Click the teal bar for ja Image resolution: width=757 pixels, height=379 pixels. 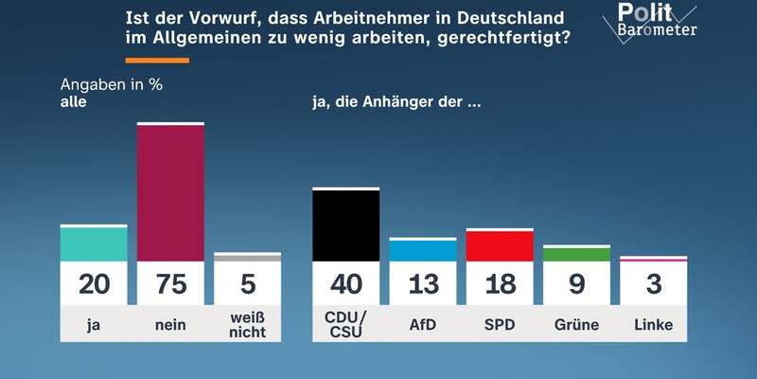(x=94, y=244)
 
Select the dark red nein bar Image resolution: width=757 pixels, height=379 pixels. (x=171, y=192)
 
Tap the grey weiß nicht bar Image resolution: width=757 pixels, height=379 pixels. (x=248, y=257)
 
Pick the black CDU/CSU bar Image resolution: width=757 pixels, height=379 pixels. (x=345, y=225)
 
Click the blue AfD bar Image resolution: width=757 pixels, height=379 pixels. (x=422, y=250)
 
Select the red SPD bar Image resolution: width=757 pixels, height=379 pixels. (x=500, y=245)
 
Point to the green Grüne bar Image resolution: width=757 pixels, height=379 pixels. (x=577, y=254)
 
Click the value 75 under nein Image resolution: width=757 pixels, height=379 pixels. (x=171, y=283)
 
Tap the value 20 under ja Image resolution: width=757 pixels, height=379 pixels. (x=94, y=283)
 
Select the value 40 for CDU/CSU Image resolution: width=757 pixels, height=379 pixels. (x=345, y=283)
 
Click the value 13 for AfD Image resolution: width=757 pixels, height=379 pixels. (x=422, y=283)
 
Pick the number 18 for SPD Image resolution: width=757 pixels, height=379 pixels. (x=500, y=283)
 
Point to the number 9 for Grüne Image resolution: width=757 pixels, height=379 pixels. (x=577, y=283)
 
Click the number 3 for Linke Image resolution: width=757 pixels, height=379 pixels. (x=654, y=283)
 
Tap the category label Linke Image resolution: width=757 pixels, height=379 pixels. (x=654, y=325)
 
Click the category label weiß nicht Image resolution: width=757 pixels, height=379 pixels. (x=248, y=325)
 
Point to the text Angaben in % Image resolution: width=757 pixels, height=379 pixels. (x=113, y=83)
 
